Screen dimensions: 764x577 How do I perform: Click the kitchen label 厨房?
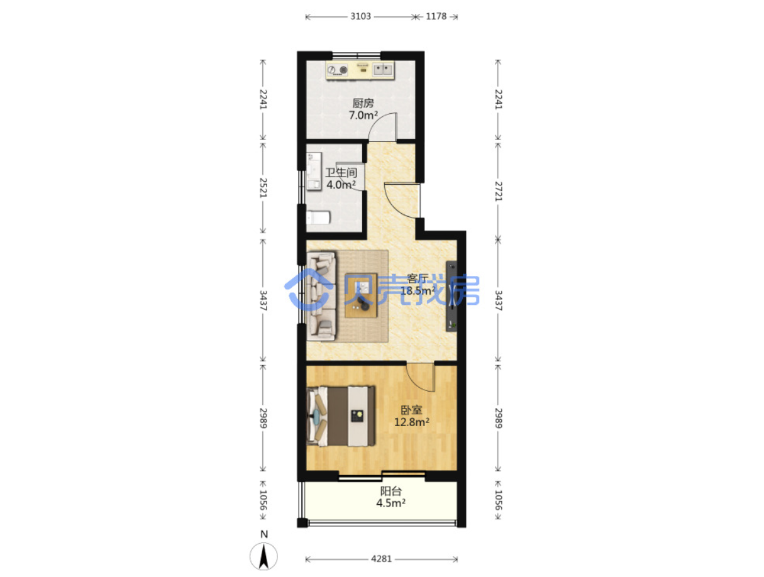[363, 103]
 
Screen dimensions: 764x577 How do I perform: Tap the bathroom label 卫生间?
[341, 172]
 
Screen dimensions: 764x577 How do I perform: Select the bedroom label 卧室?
[411, 410]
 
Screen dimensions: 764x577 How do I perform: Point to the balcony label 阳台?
[391, 491]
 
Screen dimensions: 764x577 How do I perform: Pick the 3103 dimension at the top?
[360, 16]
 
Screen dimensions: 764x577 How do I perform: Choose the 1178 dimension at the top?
[436, 16]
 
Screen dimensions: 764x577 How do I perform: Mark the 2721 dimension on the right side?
[499, 191]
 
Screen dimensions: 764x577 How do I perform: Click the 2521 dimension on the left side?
[263, 188]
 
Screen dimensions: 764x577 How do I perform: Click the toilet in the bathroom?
[318, 217]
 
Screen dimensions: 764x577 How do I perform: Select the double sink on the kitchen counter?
[382, 70]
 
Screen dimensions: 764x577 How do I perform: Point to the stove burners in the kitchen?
[338, 70]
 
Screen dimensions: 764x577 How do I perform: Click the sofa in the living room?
[321, 296]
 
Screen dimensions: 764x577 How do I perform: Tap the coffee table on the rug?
[361, 295]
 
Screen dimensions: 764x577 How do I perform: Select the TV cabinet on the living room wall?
[451, 296]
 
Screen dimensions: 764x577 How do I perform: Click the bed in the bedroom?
[341, 416]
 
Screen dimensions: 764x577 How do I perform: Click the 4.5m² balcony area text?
[391, 503]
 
